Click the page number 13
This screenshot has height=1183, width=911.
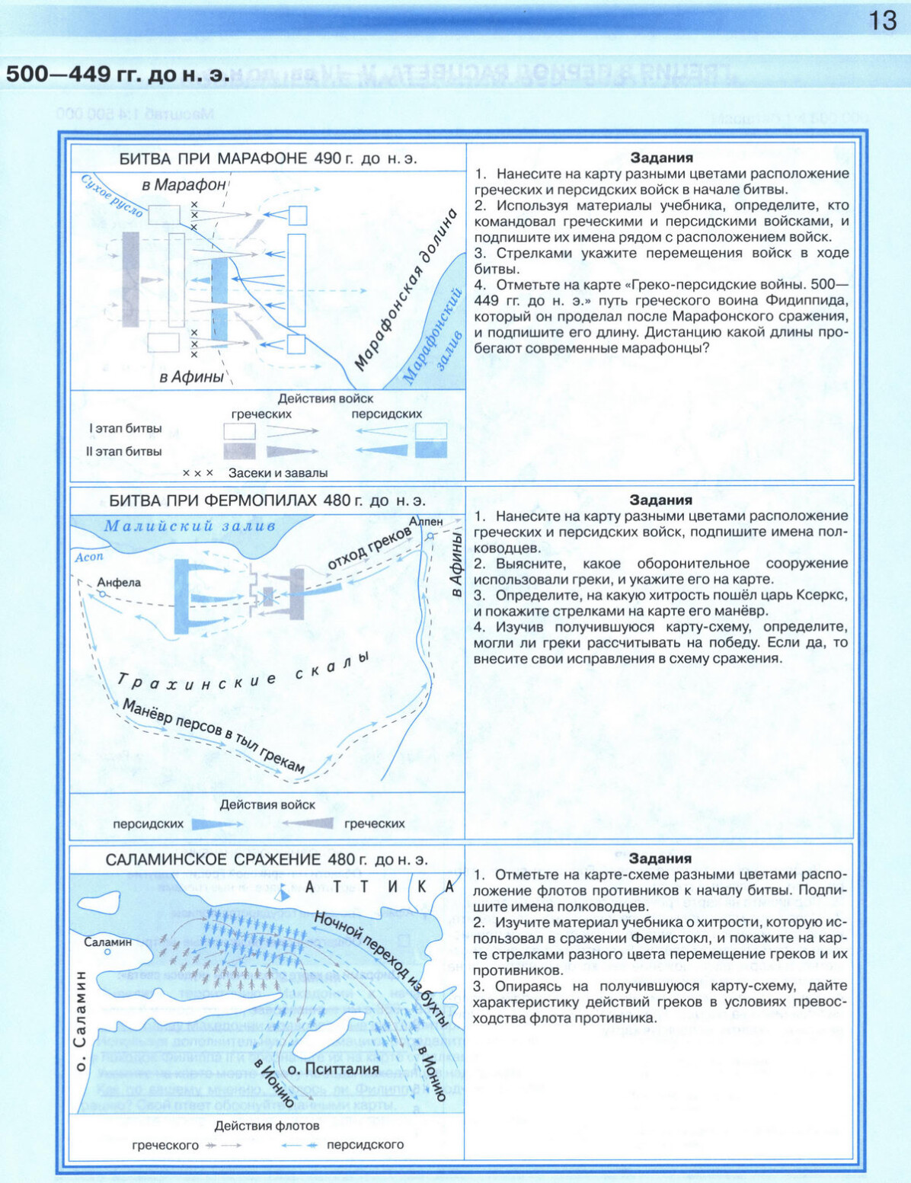point(882,20)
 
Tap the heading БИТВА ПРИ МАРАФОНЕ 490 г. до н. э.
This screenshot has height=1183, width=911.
point(268,158)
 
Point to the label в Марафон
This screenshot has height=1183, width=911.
point(184,184)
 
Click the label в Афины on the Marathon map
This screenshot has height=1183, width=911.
point(191,377)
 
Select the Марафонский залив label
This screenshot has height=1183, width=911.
point(434,335)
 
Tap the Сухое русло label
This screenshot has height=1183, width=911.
point(111,196)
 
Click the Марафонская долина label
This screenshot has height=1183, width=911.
point(406,289)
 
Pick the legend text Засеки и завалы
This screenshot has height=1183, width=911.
point(277,473)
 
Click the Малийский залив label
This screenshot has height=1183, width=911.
point(190,526)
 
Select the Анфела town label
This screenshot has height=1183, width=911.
point(119,583)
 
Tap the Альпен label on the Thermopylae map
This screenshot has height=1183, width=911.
point(425,522)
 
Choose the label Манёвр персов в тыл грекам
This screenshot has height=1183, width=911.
point(214,736)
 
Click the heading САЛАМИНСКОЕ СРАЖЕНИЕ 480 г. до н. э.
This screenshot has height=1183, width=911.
point(267,859)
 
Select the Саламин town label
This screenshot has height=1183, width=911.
point(107,942)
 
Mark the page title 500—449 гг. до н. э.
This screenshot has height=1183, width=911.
point(117,74)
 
